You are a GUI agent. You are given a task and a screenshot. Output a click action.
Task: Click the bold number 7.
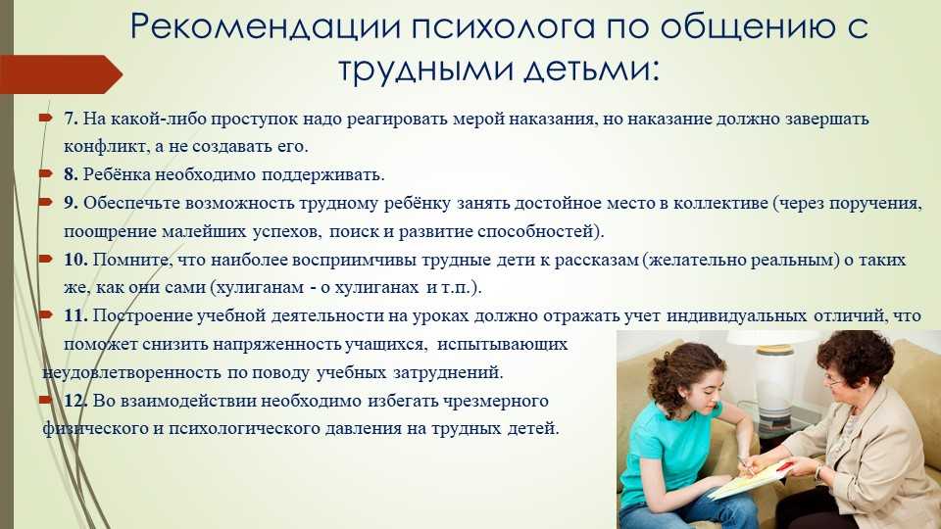pos(71,119)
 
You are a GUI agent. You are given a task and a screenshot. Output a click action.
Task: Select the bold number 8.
pos(71,174)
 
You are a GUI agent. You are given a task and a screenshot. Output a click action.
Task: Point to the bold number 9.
pos(71,203)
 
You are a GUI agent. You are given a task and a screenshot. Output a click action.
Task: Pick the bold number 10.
pos(76,260)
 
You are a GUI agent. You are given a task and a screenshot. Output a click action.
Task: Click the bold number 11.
pos(76,315)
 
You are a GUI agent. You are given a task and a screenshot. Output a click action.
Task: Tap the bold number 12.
pos(76,400)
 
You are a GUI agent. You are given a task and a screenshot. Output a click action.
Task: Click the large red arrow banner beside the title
pos(61,74)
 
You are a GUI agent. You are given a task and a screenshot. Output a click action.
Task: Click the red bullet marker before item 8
pos(46,174)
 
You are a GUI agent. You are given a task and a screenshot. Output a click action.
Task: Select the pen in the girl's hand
pos(745,465)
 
